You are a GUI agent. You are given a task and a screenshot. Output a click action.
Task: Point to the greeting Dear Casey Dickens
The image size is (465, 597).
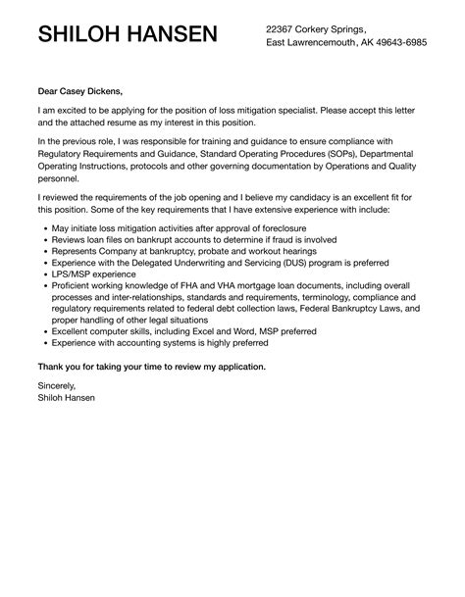[80, 92]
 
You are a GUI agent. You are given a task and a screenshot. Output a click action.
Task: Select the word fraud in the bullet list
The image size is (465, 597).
[271, 238]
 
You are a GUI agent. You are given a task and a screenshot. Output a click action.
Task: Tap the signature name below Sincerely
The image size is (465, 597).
[68, 399]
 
